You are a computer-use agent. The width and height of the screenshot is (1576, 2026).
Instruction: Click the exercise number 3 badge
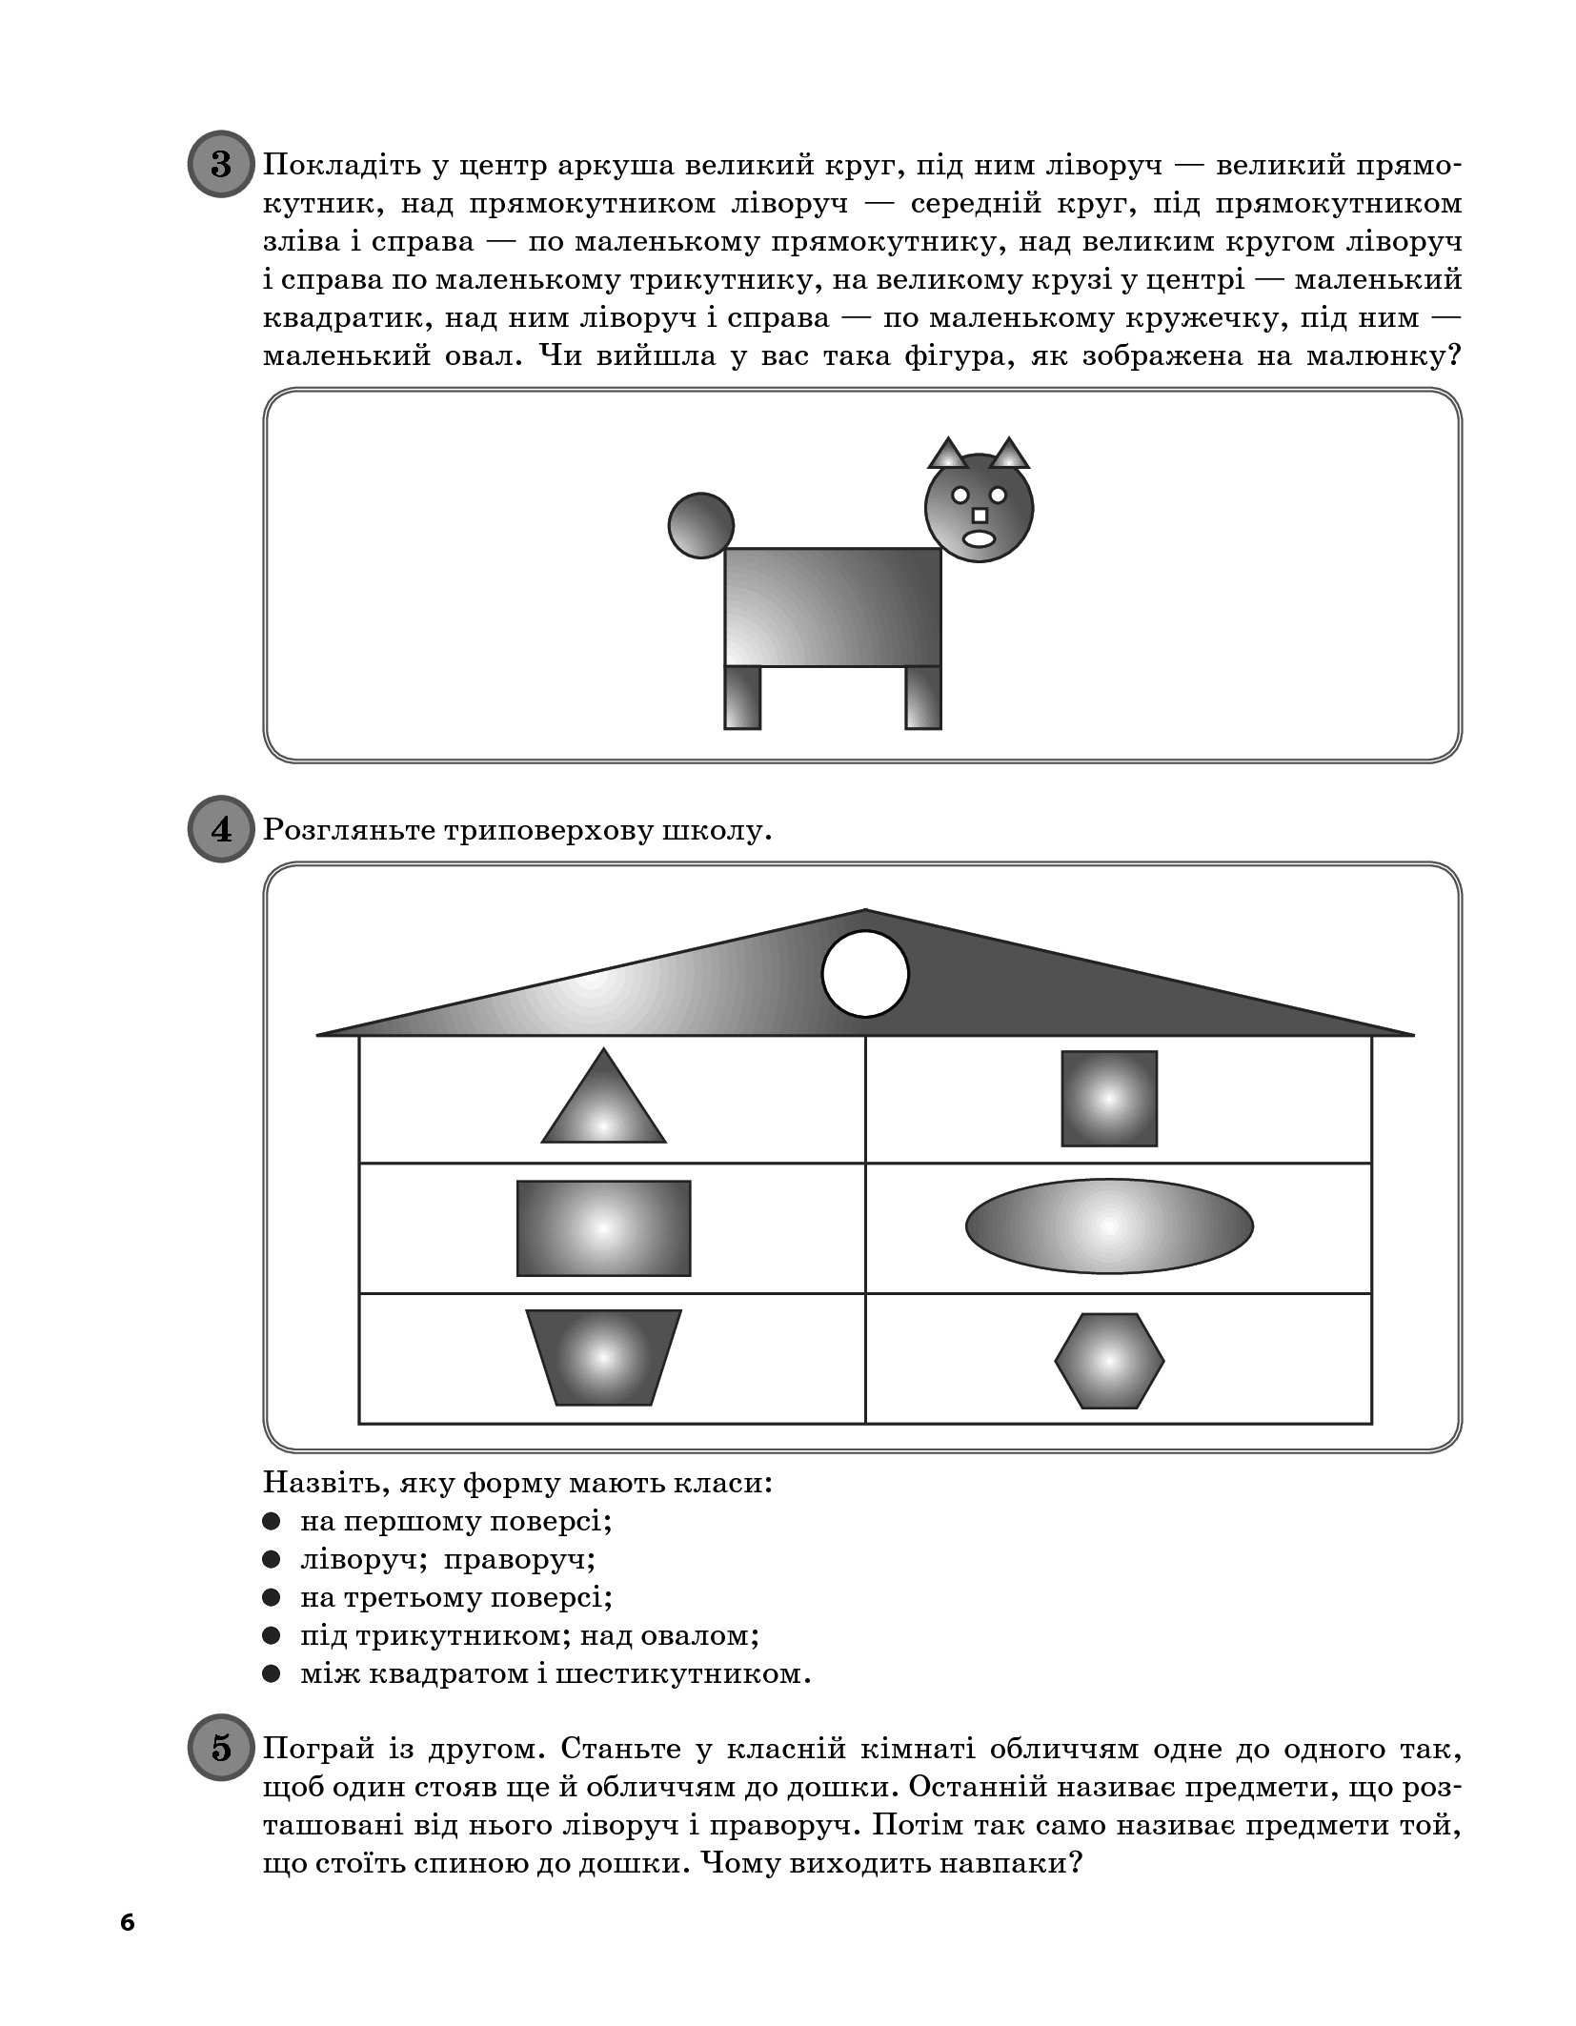point(221,164)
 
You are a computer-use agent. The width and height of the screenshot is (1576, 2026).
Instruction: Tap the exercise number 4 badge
point(221,829)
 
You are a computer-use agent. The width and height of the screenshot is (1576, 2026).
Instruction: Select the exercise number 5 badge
point(221,1748)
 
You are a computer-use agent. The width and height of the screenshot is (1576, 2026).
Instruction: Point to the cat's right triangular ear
point(1009,456)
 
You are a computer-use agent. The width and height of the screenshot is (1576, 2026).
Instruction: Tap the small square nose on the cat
point(979,516)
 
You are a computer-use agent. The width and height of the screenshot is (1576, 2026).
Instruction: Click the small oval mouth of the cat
point(979,538)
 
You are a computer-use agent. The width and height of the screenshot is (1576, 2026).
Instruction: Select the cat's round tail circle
point(700,525)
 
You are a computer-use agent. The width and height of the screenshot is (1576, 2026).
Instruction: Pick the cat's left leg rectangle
point(742,698)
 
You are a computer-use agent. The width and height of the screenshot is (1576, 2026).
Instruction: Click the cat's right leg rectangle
point(922,698)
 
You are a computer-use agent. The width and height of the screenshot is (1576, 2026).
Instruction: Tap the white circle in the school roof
point(865,974)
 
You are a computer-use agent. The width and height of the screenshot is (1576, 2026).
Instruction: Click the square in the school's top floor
point(1109,1098)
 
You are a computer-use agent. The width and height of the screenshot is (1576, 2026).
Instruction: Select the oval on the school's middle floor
point(1109,1226)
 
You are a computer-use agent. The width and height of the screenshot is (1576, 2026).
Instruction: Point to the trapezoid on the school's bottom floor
point(603,1357)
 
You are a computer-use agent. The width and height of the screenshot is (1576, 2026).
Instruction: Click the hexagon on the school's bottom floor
point(1109,1361)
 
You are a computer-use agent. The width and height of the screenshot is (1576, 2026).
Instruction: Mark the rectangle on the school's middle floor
point(603,1228)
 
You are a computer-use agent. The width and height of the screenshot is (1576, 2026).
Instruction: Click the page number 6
point(128,1922)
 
